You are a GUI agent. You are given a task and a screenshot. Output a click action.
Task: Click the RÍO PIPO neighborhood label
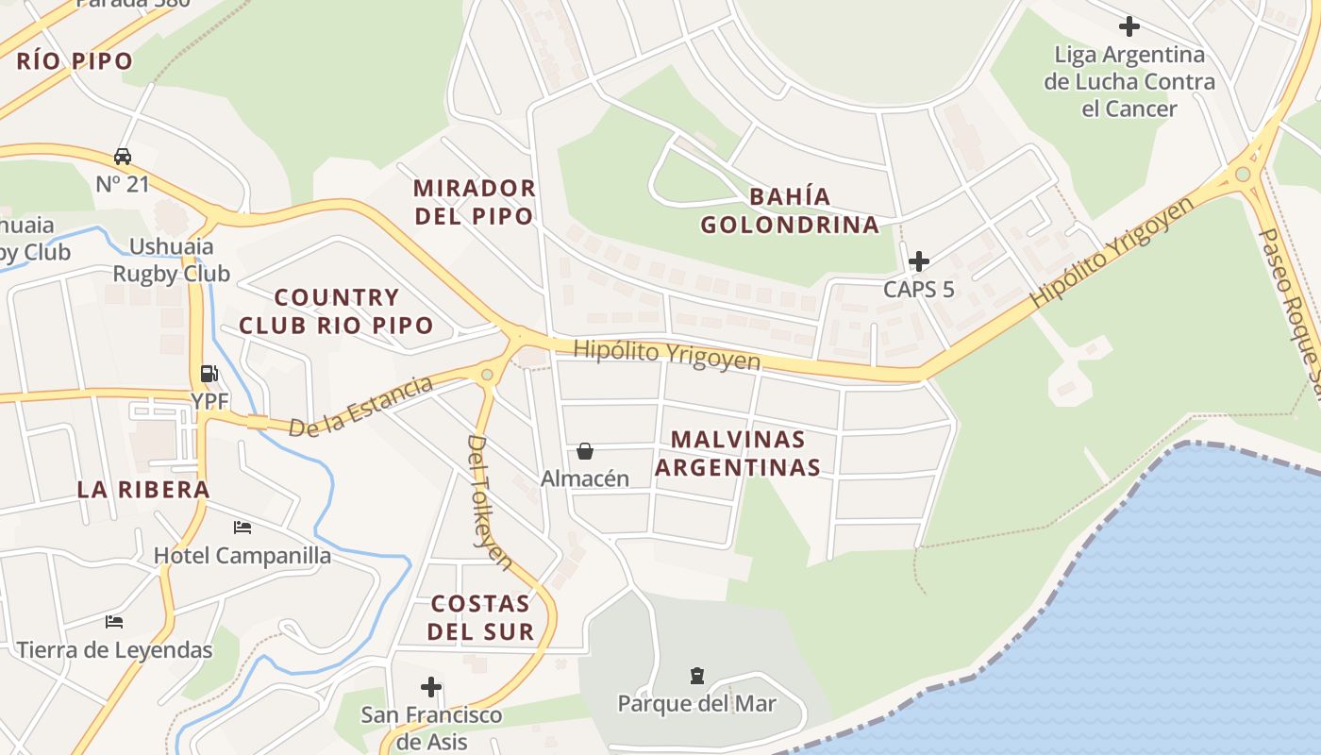coord(75,62)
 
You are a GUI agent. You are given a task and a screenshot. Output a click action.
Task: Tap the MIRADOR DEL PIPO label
coord(474,202)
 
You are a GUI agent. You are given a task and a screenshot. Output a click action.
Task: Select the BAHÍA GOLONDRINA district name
coord(790,210)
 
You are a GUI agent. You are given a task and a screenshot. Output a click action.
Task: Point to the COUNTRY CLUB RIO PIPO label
coord(336,311)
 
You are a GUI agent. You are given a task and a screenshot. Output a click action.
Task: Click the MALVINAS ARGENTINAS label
coord(738,453)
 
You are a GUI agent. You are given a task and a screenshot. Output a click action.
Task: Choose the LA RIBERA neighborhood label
coord(143,489)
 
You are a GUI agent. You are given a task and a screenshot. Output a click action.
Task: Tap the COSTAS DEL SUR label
coord(481,617)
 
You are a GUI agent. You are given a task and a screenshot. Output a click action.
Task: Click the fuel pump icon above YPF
coord(209,374)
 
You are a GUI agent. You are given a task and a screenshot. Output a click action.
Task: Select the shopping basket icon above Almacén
coord(585,452)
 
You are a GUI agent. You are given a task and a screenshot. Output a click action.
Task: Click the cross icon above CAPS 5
coord(918,261)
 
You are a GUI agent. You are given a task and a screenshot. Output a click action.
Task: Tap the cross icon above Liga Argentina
coord(1129,26)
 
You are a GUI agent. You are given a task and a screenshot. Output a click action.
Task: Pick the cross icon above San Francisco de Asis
coord(431,687)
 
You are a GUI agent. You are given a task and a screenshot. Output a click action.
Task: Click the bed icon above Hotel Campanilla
coord(242,528)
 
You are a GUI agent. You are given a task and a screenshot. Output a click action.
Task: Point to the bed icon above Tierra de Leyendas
coord(114,622)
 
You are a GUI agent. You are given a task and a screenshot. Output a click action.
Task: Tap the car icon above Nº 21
coord(123,156)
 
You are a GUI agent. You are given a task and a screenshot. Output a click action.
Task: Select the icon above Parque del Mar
coord(696,675)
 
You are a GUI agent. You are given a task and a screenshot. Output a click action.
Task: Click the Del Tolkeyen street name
coord(490,502)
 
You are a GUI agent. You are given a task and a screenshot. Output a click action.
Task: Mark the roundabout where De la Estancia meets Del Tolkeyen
coord(487,375)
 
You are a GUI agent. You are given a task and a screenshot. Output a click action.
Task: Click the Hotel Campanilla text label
coord(242,555)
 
